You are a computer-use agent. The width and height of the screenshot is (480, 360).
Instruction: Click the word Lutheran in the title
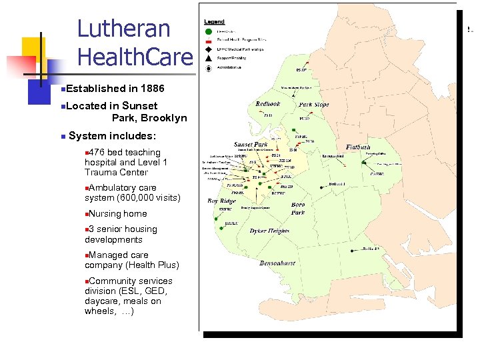pos(124,29)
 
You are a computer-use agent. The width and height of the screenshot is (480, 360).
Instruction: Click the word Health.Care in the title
pos(135,57)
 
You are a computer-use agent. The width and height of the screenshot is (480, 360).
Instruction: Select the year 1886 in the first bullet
pos(149,89)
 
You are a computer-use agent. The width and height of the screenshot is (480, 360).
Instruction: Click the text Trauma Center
pos(116,173)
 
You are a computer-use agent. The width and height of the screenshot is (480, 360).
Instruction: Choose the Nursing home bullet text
pos(117,214)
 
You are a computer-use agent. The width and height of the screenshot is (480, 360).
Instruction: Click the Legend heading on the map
pos(215,22)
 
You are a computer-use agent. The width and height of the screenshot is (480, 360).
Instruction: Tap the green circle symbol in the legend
pos(209,31)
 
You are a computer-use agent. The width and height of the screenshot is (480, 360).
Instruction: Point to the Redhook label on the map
pos(268,104)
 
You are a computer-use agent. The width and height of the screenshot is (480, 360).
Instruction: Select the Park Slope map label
pos(313,105)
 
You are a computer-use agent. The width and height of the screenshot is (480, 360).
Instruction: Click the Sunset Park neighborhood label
pos(251,144)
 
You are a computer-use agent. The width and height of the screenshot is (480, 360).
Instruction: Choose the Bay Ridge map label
pos(222,201)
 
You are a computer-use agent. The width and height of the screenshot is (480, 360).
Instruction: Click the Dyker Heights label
pos(269,231)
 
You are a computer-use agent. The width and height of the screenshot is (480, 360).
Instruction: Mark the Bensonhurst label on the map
pos(279,263)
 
